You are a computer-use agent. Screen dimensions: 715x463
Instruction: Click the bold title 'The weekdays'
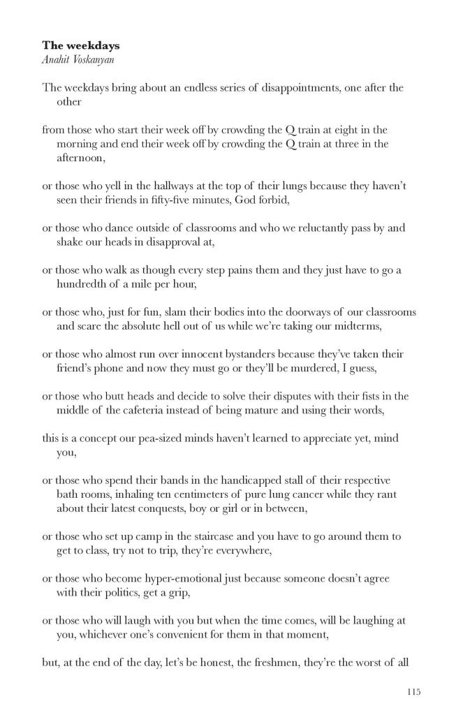click(80, 45)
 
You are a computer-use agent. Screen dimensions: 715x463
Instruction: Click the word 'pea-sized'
click(159, 438)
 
